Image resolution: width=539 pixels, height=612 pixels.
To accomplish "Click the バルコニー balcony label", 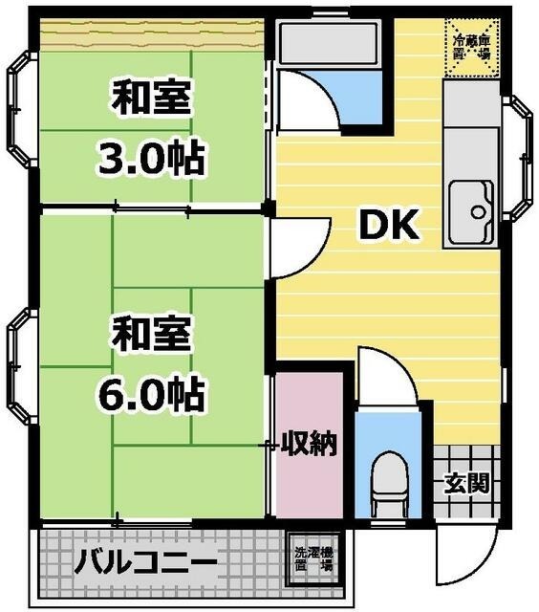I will click(x=145, y=560).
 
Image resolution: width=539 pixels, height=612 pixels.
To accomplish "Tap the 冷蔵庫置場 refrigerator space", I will click(x=472, y=46).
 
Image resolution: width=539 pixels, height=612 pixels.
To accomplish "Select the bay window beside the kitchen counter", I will click(x=518, y=159).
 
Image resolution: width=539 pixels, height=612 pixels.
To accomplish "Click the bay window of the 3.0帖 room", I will click(x=21, y=105).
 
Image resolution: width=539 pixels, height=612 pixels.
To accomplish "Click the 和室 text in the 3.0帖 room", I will click(x=152, y=98).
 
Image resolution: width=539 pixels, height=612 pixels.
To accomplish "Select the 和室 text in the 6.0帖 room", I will click(x=152, y=336).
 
